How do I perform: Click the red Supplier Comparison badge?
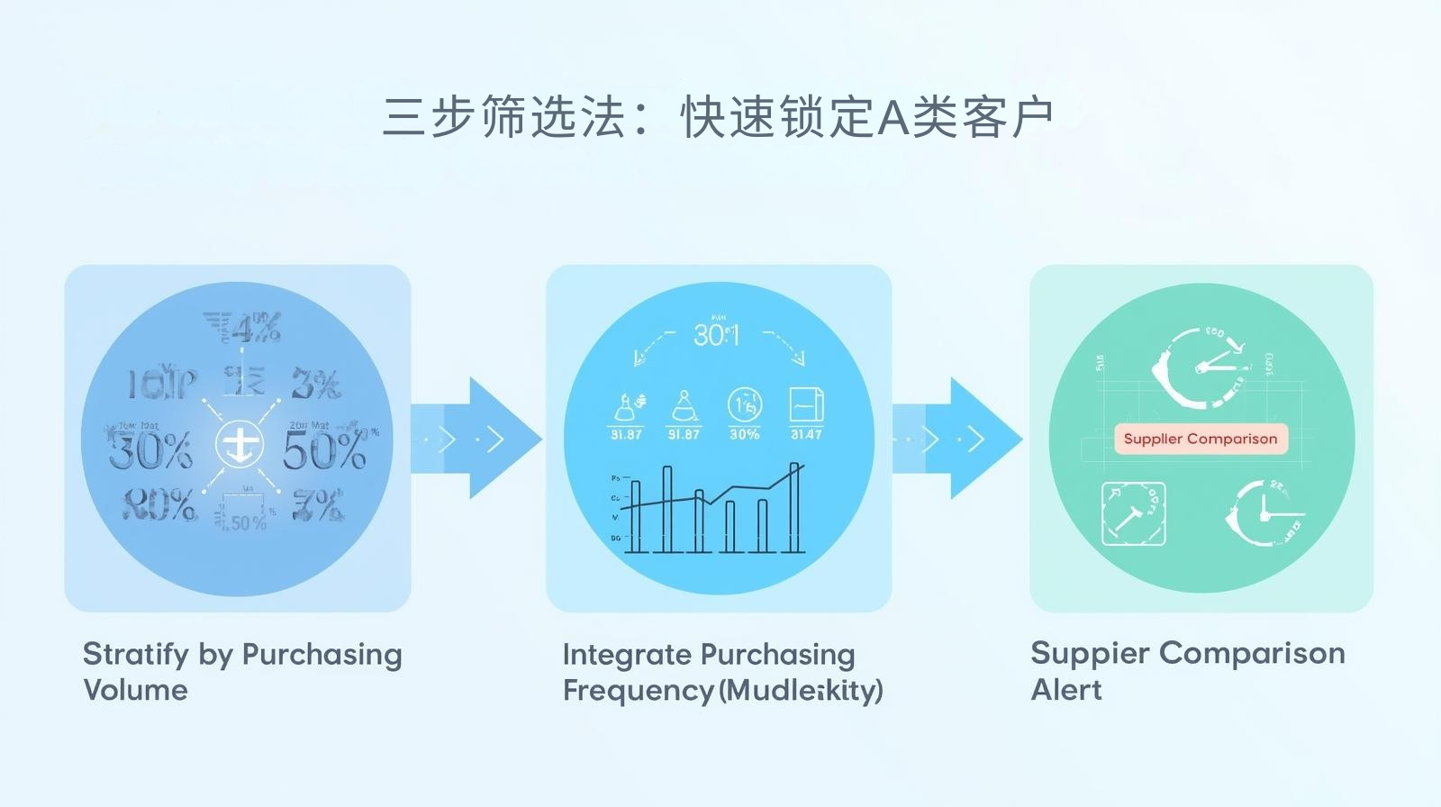click(1201, 439)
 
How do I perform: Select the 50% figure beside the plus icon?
click(324, 449)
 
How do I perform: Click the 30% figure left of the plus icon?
click(150, 449)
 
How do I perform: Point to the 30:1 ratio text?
click(716, 335)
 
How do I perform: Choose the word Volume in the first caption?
click(135, 690)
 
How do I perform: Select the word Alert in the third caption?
click(1066, 690)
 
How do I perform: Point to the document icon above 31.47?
click(806, 405)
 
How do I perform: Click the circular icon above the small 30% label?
click(745, 406)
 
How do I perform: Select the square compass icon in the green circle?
click(1133, 513)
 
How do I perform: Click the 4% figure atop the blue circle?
click(256, 329)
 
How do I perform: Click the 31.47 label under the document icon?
click(806, 434)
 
